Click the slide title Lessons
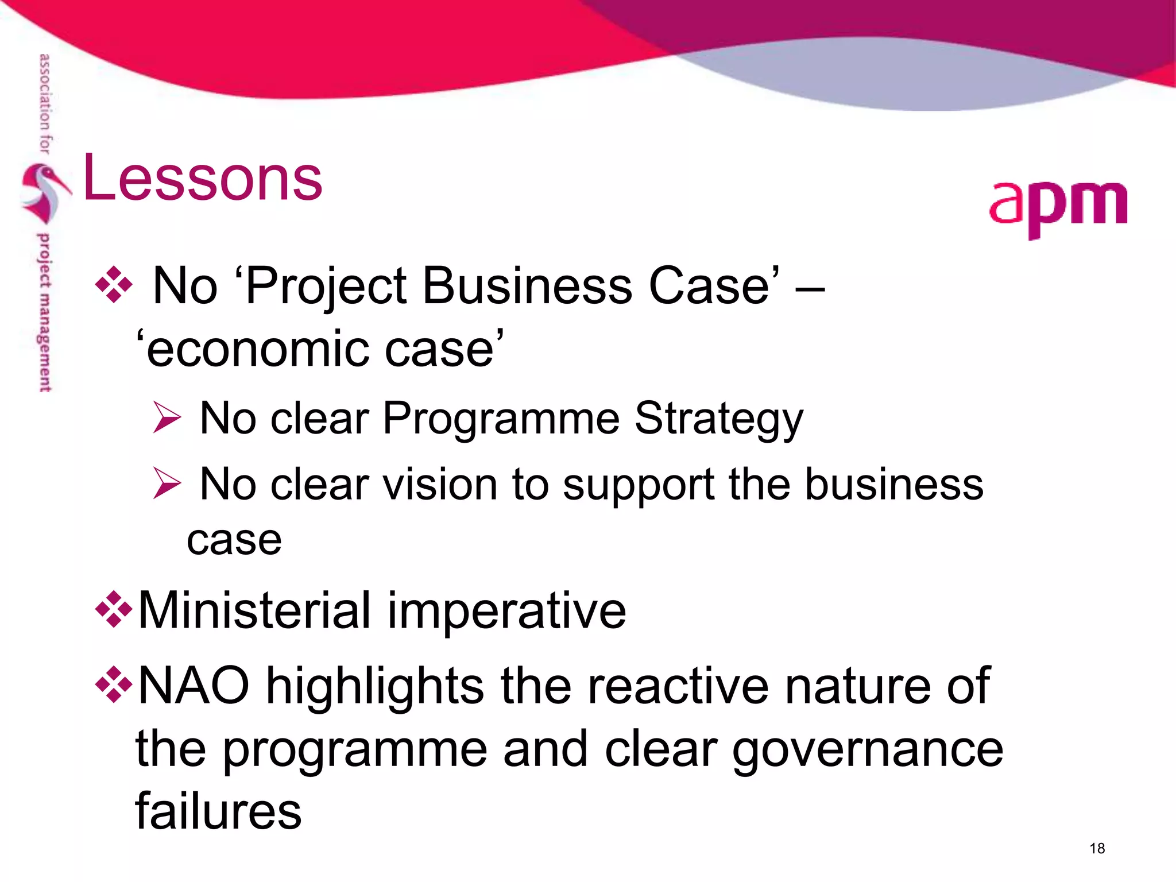tap(203, 179)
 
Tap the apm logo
tap(1058, 207)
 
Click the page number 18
tap(1097, 848)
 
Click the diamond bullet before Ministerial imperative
tap(114, 609)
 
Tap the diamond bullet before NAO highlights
tap(114, 684)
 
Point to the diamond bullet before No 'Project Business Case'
tap(114, 285)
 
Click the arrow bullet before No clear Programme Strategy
tap(167, 417)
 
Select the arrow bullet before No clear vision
tap(167, 483)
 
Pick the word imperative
tap(506, 611)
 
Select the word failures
tap(218, 811)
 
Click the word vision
tap(440, 484)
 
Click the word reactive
tap(677, 686)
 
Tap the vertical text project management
tap(44, 312)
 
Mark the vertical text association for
tap(44, 103)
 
